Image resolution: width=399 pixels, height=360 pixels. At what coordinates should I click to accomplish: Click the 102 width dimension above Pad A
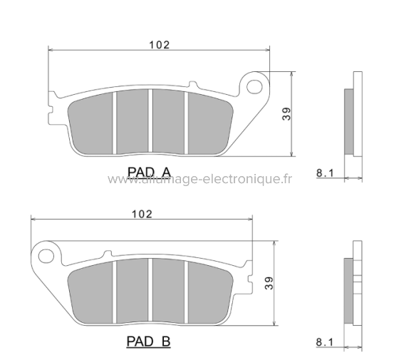159,44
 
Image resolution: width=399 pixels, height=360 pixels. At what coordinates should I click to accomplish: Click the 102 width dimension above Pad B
142,214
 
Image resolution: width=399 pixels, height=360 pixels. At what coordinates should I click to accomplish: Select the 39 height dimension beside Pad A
285,114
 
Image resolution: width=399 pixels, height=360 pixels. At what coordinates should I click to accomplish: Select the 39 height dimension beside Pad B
267,284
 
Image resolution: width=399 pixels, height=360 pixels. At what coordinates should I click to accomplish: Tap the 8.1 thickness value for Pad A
324,171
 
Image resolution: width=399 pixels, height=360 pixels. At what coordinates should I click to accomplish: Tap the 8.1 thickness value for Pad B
324,342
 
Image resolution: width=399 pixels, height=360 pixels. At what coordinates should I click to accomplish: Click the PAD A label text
149,171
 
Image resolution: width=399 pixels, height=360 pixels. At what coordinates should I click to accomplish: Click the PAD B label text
149,342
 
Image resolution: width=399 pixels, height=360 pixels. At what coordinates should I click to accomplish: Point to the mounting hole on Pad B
47,254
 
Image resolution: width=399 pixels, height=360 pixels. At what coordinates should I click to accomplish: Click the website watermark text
199,180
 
